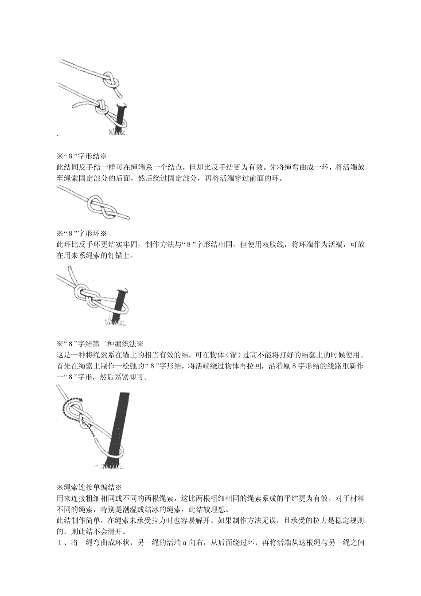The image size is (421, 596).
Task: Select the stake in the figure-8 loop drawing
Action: (x=120, y=306)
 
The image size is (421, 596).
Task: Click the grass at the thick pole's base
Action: (x=109, y=464)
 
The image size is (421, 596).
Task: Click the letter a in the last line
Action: (x=185, y=542)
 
